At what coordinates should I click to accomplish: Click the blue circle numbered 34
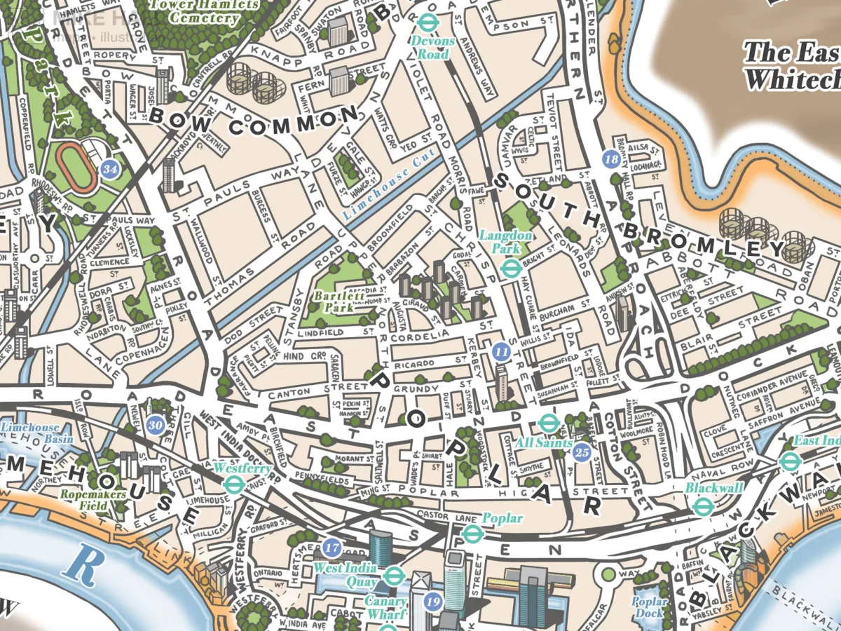(109, 169)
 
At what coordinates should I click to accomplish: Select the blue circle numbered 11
(500, 351)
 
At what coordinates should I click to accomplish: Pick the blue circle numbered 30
(156, 424)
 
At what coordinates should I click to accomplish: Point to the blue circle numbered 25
(581, 453)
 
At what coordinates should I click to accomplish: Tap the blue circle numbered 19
(434, 601)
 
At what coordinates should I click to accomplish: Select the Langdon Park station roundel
(510, 267)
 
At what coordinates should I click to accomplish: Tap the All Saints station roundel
(548, 423)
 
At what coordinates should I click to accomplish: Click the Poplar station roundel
(474, 535)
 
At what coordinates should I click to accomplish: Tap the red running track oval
(77, 166)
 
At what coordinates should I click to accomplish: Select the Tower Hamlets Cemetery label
(204, 12)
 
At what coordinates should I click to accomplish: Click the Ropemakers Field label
(93, 500)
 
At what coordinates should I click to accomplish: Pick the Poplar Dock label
(649, 607)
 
